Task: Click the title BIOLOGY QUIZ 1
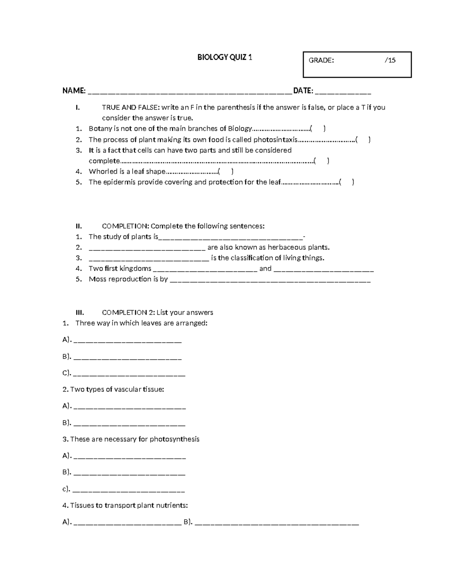pos(225,57)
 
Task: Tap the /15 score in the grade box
pos(390,60)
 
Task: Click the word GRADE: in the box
pos(321,60)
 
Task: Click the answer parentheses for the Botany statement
pos(318,129)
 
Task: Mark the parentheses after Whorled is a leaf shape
pos(225,172)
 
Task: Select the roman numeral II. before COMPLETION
pos(78,226)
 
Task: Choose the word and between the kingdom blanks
pos(265,268)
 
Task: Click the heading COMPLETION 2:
pos(128,312)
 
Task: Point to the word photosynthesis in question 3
pos(174,439)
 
